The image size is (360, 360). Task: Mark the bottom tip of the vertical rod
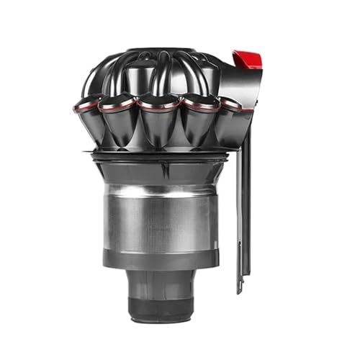click(x=240, y=289)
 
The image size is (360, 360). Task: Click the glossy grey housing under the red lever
click(x=230, y=86)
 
